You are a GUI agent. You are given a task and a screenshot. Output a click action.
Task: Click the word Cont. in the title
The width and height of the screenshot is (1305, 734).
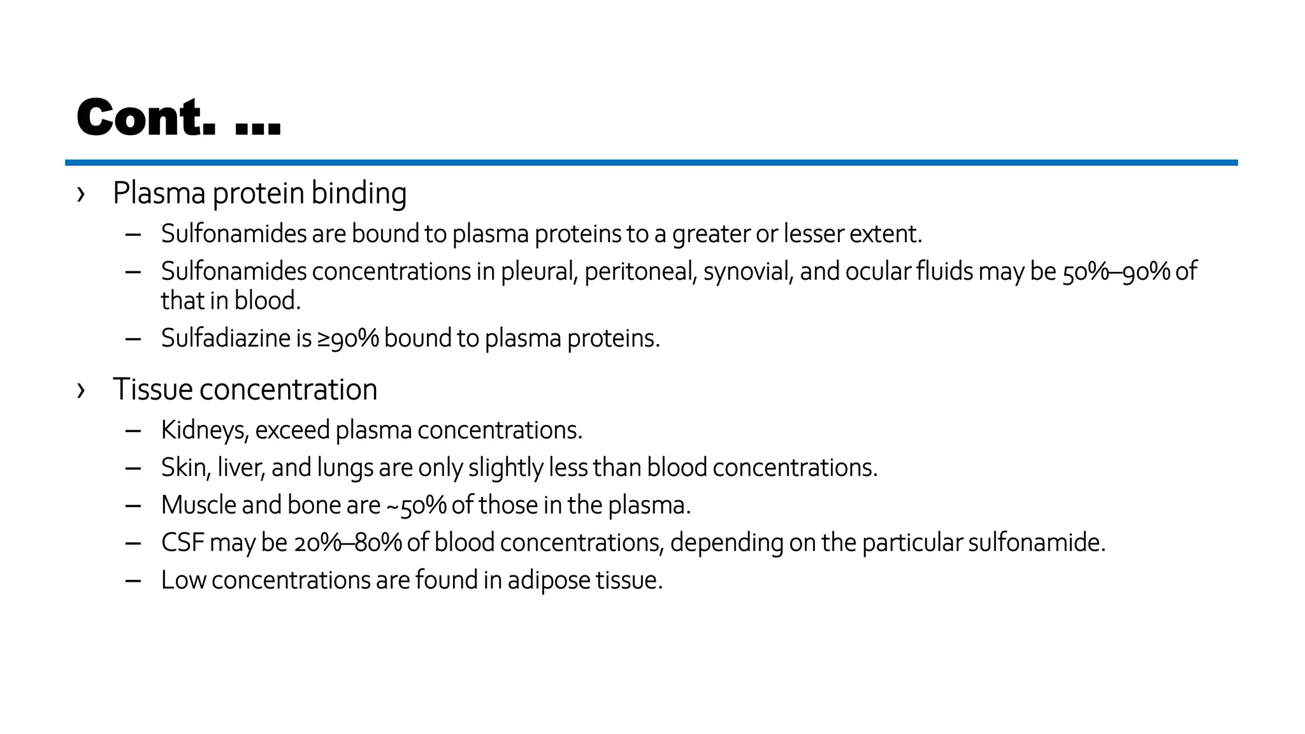146,118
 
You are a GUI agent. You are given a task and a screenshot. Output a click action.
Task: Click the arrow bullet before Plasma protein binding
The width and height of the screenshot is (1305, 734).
81,194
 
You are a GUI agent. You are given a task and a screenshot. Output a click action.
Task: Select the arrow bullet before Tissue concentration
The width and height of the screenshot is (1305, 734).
81,390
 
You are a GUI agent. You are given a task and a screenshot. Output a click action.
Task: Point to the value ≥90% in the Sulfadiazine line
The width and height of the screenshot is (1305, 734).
348,338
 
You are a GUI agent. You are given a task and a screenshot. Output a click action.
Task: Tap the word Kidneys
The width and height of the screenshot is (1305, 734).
203,430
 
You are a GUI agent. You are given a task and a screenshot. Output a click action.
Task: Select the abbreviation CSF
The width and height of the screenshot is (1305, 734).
182,542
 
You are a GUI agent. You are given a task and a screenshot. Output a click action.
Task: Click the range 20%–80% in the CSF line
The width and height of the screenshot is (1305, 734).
348,543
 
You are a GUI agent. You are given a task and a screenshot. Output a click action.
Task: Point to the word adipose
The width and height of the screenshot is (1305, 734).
549,580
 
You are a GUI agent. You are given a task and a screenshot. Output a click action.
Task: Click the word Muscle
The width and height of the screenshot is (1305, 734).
198,505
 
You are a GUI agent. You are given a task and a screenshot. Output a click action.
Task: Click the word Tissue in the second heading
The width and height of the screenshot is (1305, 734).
153,389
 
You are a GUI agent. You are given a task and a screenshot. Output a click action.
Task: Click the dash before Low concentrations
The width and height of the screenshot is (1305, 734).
133,580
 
